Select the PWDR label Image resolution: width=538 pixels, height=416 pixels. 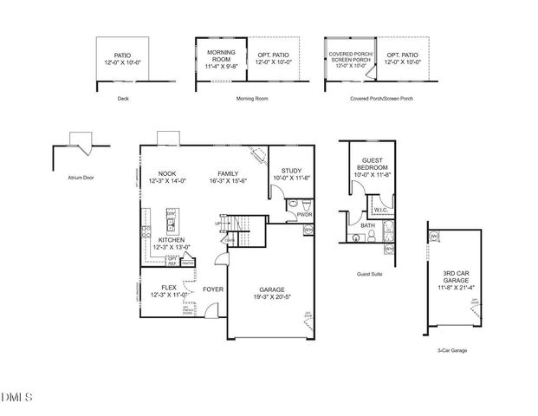coord(303,214)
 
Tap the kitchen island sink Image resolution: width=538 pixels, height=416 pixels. coord(172,226)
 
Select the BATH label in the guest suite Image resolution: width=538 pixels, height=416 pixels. coord(367,225)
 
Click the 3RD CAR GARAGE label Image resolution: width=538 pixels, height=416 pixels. coord(456,276)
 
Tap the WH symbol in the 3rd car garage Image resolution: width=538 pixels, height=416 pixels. coord(434,236)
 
